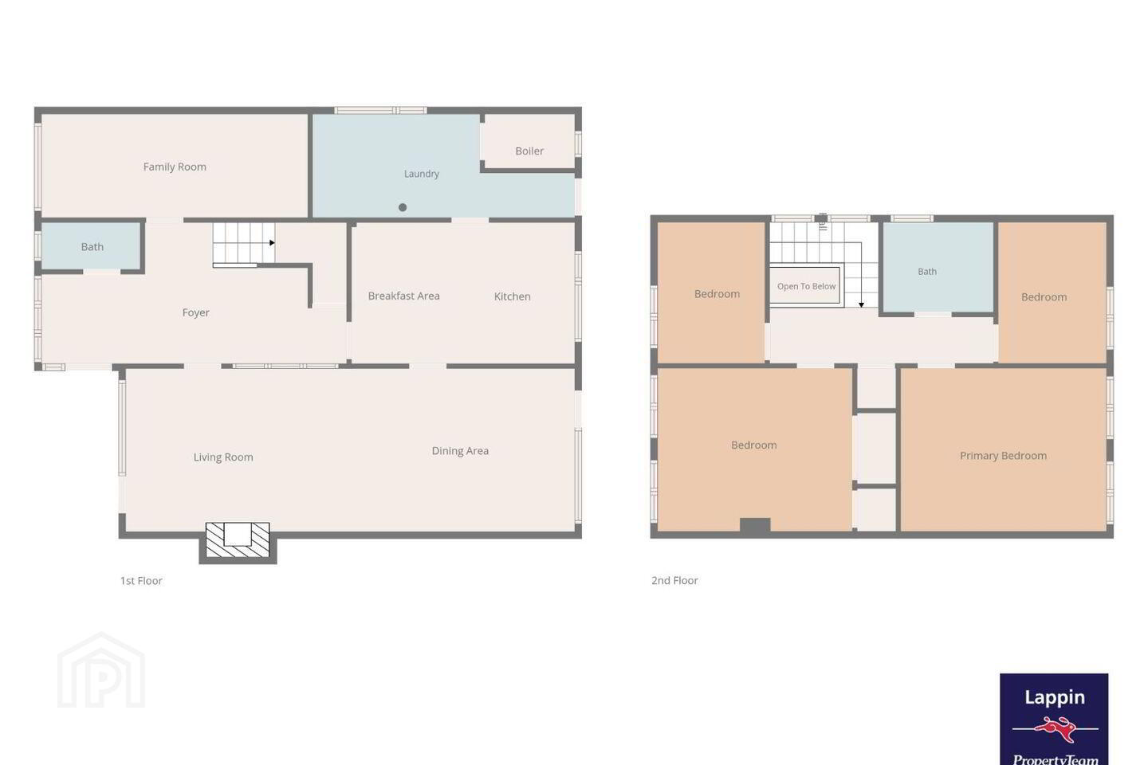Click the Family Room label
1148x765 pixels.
coord(175,167)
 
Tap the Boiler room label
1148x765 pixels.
coord(529,151)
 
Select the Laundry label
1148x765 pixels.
coord(421,174)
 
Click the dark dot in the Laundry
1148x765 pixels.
coord(403,207)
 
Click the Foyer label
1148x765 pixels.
coord(196,312)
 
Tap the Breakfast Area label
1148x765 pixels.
coord(404,296)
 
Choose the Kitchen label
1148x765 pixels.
coord(512,296)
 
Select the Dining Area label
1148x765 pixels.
coord(460,451)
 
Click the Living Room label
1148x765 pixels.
coord(223,457)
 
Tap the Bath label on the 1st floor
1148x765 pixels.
coord(92,247)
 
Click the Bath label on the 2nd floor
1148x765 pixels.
coord(927,272)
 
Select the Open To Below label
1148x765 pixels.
coord(806,286)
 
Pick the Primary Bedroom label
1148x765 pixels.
coord(1003,456)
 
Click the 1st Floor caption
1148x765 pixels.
coord(141,581)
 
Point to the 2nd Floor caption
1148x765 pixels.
coord(674,581)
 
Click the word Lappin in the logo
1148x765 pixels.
coord(1054,698)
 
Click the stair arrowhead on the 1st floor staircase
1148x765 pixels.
coord(272,243)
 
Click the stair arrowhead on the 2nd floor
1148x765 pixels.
coord(862,305)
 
